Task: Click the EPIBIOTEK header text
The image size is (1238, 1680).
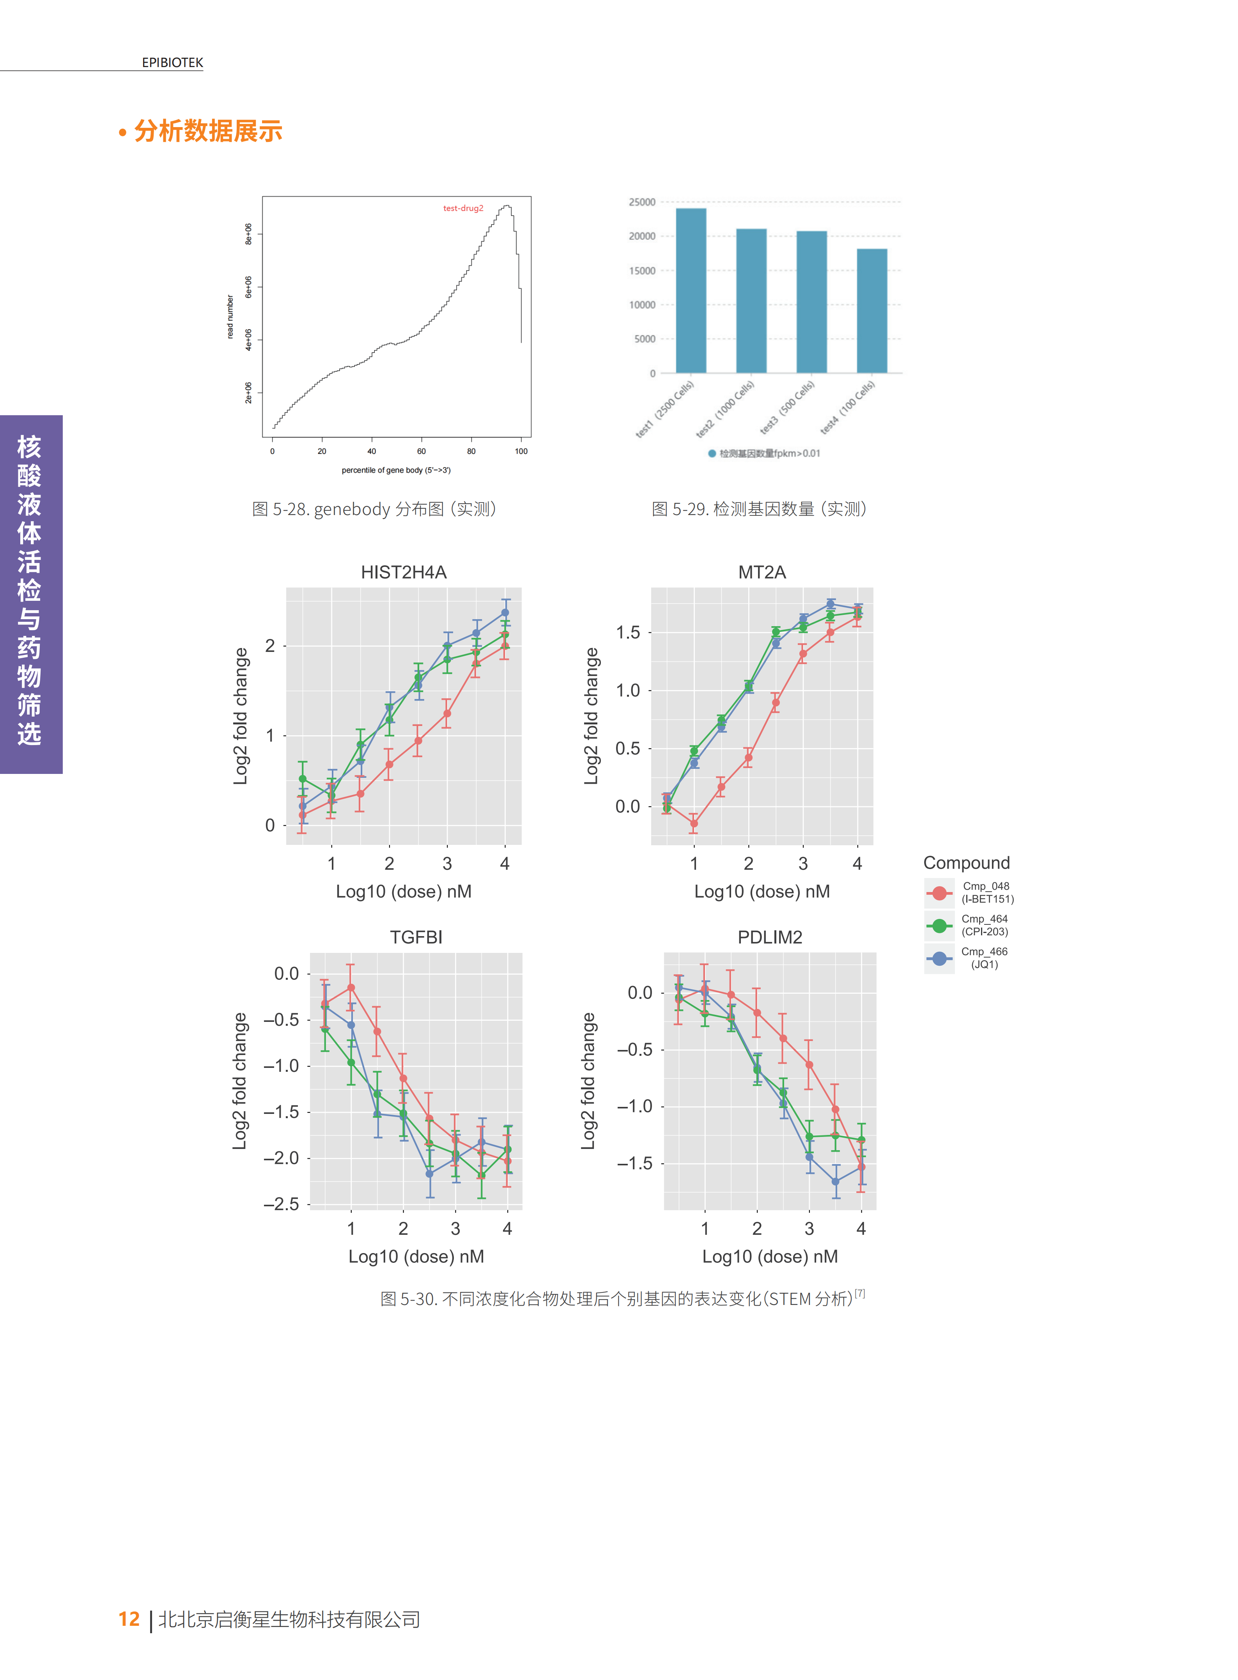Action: [x=172, y=63]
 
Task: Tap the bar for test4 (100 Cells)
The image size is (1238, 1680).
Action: [x=871, y=311]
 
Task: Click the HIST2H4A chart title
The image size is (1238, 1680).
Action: [x=403, y=572]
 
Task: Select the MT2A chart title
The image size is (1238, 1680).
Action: [x=762, y=572]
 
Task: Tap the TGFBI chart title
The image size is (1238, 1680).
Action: [x=416, y=937]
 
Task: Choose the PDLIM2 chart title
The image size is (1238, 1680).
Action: [x=770, y=937]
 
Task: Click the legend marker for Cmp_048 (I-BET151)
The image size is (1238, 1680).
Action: [x=939, y=892]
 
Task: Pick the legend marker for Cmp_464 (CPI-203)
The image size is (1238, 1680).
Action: [x=939, y=926]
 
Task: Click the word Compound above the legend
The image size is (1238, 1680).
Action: [x=966, y=862]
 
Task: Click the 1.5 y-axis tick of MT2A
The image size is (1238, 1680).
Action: [x=628, y=632]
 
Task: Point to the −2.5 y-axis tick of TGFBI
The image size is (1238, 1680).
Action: [x=281, y=1204]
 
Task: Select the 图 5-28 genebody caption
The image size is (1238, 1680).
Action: [x=374, y=510]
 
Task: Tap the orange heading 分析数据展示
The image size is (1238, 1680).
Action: [x=207, y=131]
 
